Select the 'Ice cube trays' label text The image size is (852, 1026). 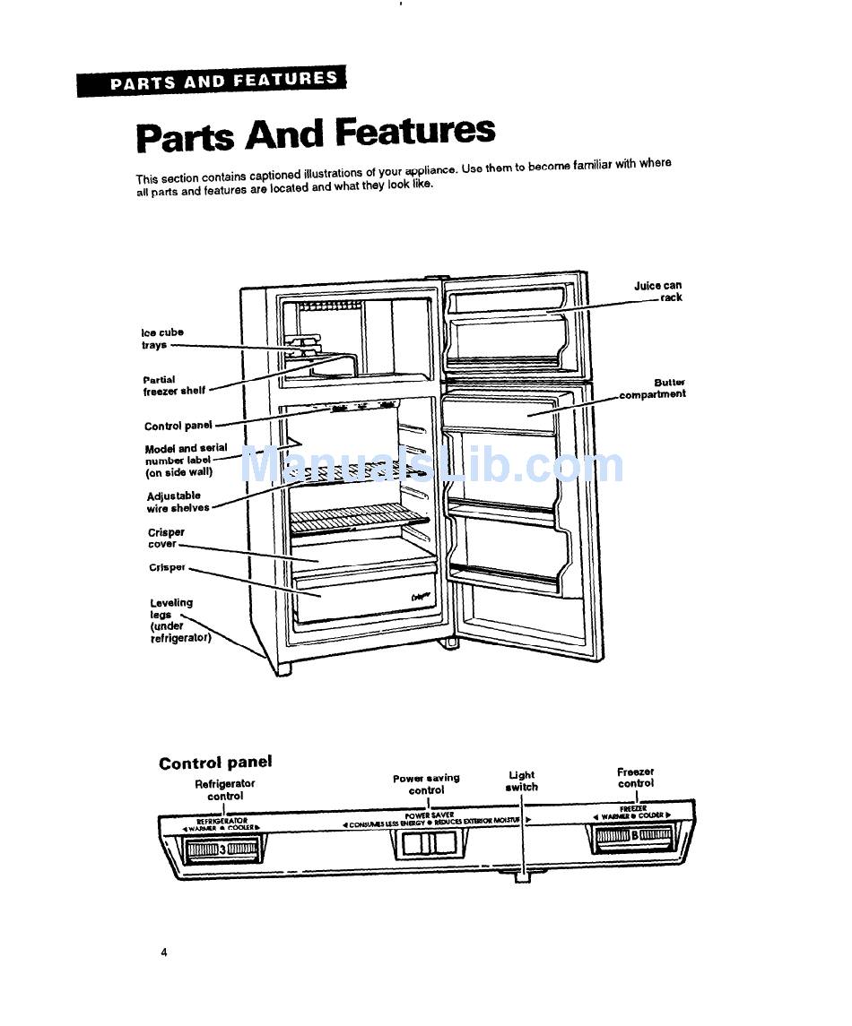pos(161,339)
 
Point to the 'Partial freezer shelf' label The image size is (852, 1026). pos(173,385)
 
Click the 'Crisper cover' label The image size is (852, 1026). pos(165,538)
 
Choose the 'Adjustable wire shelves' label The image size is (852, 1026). pos(178,502)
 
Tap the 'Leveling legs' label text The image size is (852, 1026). pos(178,620)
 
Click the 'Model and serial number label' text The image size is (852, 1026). pos(185,460)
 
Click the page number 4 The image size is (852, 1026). pos(164,952)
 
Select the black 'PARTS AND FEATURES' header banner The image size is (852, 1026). pos(211,82)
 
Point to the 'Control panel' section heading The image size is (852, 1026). pos(215,763)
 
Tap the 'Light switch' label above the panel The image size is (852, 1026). pos(521,780)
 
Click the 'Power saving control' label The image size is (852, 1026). pos(426,784)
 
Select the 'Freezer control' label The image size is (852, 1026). pos(635,777)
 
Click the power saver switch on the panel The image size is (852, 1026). pos(427,843)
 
